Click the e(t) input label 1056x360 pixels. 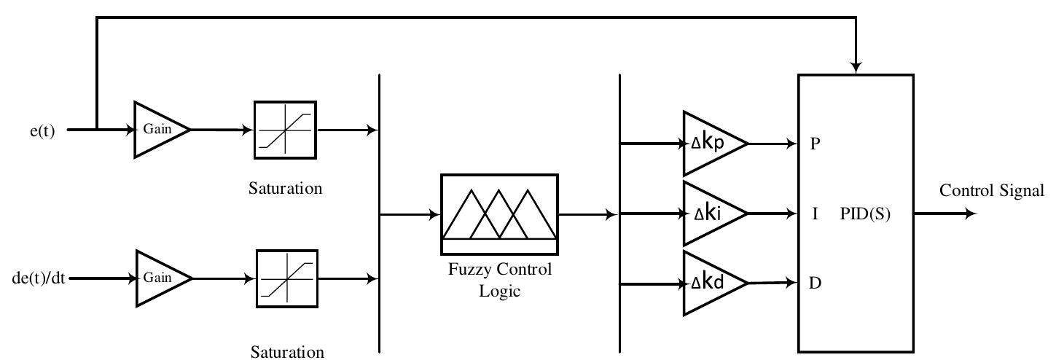pos(42,132)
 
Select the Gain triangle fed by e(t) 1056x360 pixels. pos(157,130)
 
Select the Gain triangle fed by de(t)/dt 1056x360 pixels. pos(158,278)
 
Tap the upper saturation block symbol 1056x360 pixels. pos(285,130)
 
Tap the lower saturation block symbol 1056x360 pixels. pos(287,278)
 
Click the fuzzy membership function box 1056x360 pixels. pos(499,214)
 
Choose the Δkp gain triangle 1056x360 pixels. pos(711,144)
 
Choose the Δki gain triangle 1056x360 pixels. pos(711,214)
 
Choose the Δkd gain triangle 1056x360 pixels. pos(711,283)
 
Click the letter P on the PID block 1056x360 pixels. pos(816,144)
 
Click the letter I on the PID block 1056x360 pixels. pos(816,215)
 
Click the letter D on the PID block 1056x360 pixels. pos(816,283)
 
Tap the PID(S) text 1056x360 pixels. pos(865,215)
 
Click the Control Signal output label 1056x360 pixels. pos(991,192)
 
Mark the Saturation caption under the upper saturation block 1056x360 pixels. pos(285,189)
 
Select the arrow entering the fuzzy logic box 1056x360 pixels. pos(434,214)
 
